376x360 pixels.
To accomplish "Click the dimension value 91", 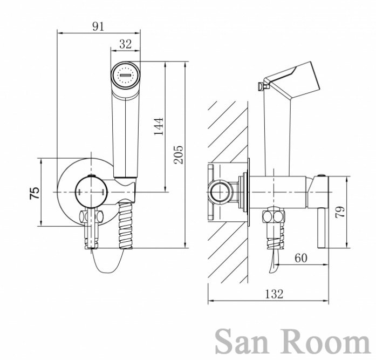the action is [98, 26].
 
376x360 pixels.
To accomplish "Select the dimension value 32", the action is [125, 44].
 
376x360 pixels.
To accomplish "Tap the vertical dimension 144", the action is [159, 126].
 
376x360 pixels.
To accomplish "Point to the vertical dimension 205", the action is [179, 155].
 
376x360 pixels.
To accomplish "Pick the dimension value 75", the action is [35, 193].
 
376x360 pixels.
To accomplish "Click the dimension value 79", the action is [340, 212].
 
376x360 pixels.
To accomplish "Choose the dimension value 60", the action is [301, 258].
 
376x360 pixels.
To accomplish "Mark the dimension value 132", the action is [274, 294].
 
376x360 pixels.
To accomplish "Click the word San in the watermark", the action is [245, 342].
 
